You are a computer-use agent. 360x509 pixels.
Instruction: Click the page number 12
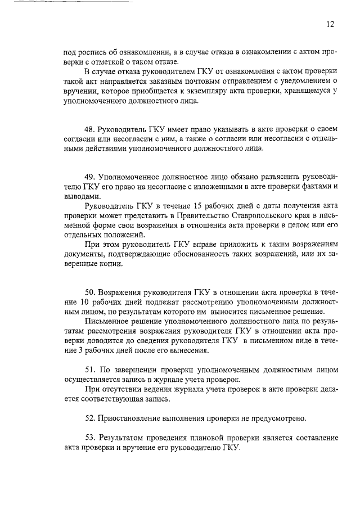coord(330,24)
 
